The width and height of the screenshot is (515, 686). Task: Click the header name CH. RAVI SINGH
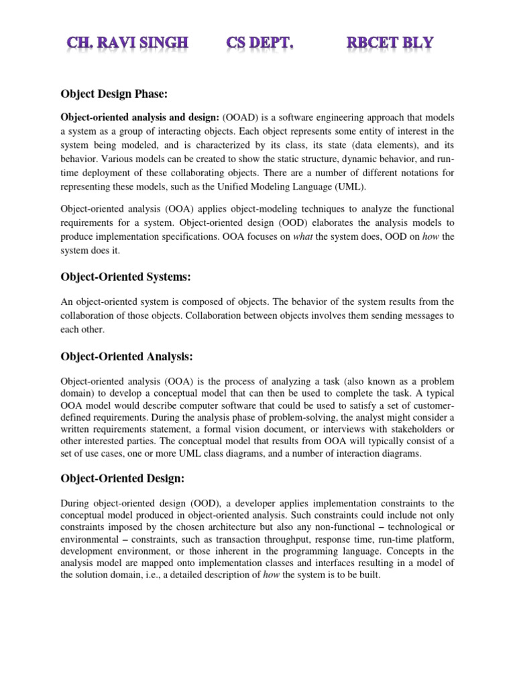click(x=127, y=44)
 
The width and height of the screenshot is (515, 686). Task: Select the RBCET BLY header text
click(x=390, y=44)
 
